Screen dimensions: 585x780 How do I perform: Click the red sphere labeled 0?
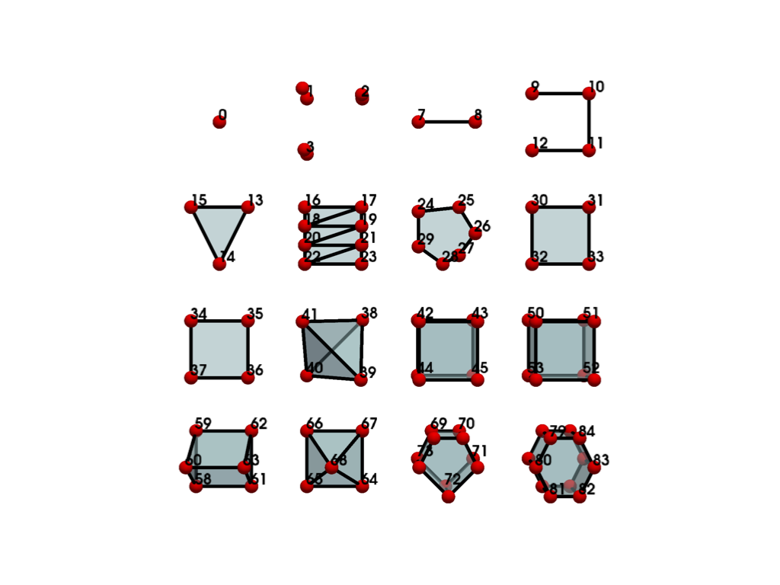click(219, 122)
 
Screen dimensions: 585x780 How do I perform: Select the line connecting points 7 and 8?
click(446, 122)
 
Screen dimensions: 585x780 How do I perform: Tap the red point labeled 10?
click(589, 94)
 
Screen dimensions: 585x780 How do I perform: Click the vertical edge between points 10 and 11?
click(589, 122)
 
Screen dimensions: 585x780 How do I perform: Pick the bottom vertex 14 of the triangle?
click(219, 264)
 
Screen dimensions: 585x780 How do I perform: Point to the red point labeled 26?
click(475, 233)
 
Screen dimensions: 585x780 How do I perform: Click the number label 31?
click(596, 200)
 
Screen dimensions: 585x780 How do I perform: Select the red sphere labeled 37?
click(191, 378)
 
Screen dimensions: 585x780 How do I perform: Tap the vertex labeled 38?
click(362, 320)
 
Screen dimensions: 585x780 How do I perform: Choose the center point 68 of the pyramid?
click(332, 467)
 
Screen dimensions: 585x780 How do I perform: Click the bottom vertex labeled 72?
click(448, 497)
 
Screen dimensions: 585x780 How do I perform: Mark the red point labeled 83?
click(583, 459)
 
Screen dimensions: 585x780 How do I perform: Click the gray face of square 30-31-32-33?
click(561, 235)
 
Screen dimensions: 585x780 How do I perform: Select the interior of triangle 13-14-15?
click(219, 225)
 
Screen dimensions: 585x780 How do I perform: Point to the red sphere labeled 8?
click(475, 122)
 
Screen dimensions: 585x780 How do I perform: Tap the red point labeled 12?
click(532, 150)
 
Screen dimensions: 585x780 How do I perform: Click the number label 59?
click(203, 424)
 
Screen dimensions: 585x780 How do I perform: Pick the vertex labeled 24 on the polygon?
click(418, 212)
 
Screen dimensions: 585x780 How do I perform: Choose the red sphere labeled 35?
click(248, 321)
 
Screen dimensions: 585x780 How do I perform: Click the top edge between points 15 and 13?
click(219, 207)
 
